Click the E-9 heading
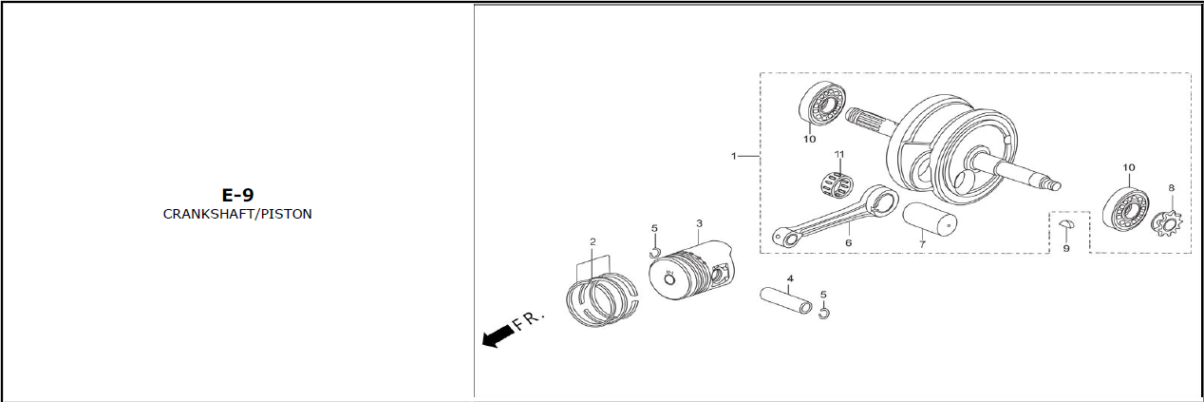(237, 195)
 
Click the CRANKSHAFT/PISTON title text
(237, 214)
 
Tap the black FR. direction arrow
(498, 335)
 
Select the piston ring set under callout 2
(603, 300)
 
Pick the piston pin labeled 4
(786, 300)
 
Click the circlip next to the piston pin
(824, 313)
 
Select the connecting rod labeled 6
(836, 216)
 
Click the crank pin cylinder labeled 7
(930, 219)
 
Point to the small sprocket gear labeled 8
(1167, 224)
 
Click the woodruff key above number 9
(1067, 224)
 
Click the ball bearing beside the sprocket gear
(1126, 209)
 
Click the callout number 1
(734, 156)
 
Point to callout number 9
(1066, 249)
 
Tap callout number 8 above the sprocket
(1171, 188)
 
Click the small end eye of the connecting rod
(788, 238)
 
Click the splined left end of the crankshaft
(864, 120)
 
